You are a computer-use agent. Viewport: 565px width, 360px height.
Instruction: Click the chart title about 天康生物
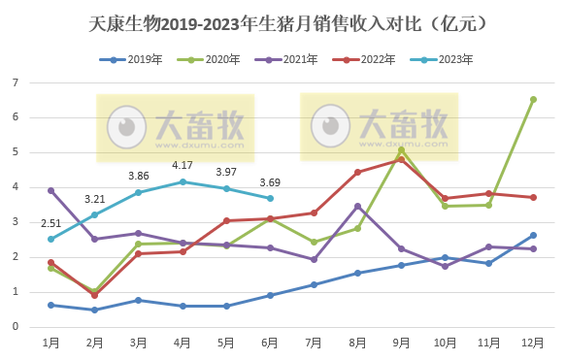point(282,21)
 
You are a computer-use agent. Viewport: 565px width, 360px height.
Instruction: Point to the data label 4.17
point(182,165)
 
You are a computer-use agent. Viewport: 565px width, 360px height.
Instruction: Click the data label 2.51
point(50,222)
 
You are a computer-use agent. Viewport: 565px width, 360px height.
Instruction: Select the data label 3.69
point(269,181)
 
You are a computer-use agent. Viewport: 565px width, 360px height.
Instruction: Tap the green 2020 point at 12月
point(533,99)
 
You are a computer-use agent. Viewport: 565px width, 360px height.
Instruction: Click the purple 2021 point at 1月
point(50,190)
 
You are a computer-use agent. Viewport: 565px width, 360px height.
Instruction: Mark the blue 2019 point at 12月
point(533,235)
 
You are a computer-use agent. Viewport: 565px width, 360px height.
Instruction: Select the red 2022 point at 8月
point(357,172)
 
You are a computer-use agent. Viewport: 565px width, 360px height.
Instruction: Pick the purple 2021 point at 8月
point(357,206)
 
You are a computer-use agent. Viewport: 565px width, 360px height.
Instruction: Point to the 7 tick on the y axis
point(17,82)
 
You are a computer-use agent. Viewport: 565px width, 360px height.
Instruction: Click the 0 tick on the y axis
point(17,326)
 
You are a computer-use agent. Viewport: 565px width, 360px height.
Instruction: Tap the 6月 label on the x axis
point(270,343)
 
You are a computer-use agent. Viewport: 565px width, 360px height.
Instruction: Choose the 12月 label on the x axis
point(532,343)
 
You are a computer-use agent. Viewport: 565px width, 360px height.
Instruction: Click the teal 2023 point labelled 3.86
point(139,192)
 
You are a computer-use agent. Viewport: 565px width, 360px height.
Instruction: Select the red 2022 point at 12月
point(533,197)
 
